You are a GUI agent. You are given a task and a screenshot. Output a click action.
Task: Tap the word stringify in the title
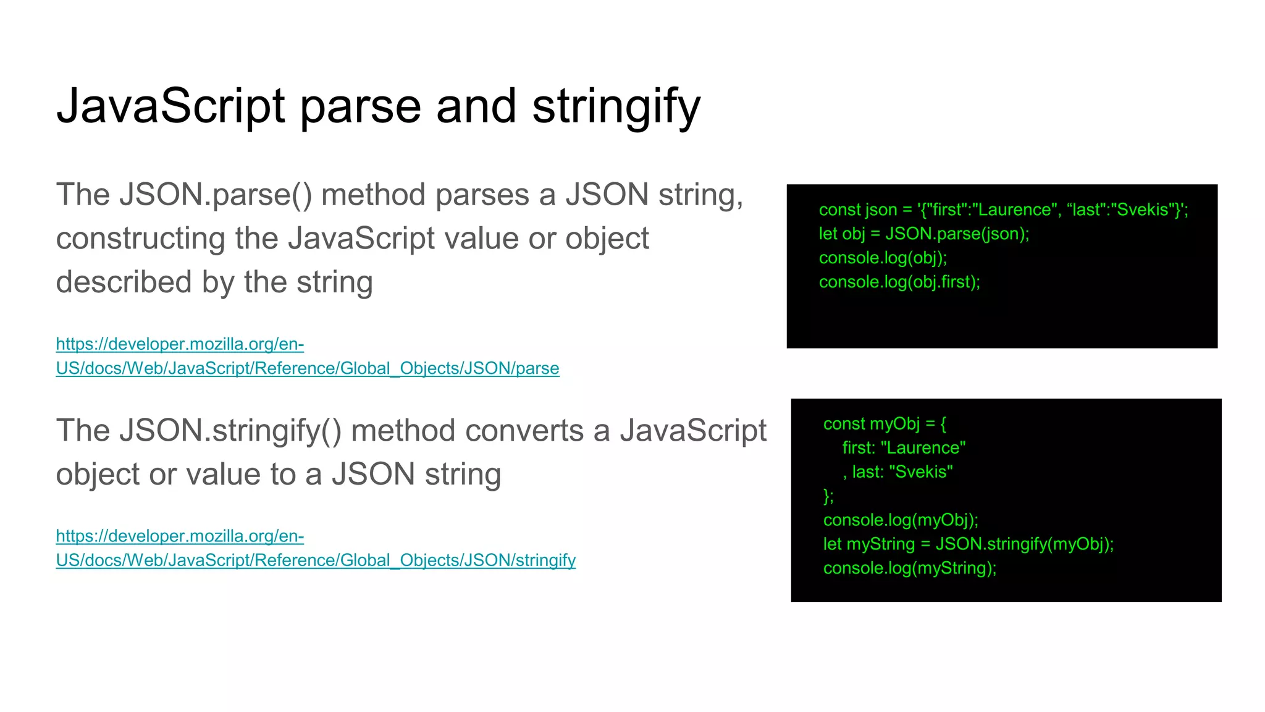click(x=616, y=106)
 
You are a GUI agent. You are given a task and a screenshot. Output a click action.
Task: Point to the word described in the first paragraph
click(x=124, y=282)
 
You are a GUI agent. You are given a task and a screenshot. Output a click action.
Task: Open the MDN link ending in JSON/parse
click(x=307, y=368)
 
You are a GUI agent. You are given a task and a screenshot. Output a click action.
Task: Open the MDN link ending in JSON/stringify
click(x=315, y=561)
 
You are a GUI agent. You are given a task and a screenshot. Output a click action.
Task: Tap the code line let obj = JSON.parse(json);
click(x=923, y=234)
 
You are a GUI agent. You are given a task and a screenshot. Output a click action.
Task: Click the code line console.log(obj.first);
click(x=899, y=282)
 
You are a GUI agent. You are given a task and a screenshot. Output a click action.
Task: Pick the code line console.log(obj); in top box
click(x=883, y=258)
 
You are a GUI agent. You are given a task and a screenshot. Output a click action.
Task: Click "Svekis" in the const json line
click(x=1143, y=210)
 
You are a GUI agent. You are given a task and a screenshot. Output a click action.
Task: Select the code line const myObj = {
click(x=885, y=423)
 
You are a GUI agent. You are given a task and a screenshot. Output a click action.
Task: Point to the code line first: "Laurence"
click(x=904, y=447)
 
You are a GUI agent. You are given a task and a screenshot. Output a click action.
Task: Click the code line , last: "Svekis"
click(x=897, y=472)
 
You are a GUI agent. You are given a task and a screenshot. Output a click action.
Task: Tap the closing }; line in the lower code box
click(x=828, y=496)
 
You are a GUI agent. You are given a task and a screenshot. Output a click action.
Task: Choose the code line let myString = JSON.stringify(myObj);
click(x=968, y=544)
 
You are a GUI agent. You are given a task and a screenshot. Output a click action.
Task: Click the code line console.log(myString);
click(x=910, y=568)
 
